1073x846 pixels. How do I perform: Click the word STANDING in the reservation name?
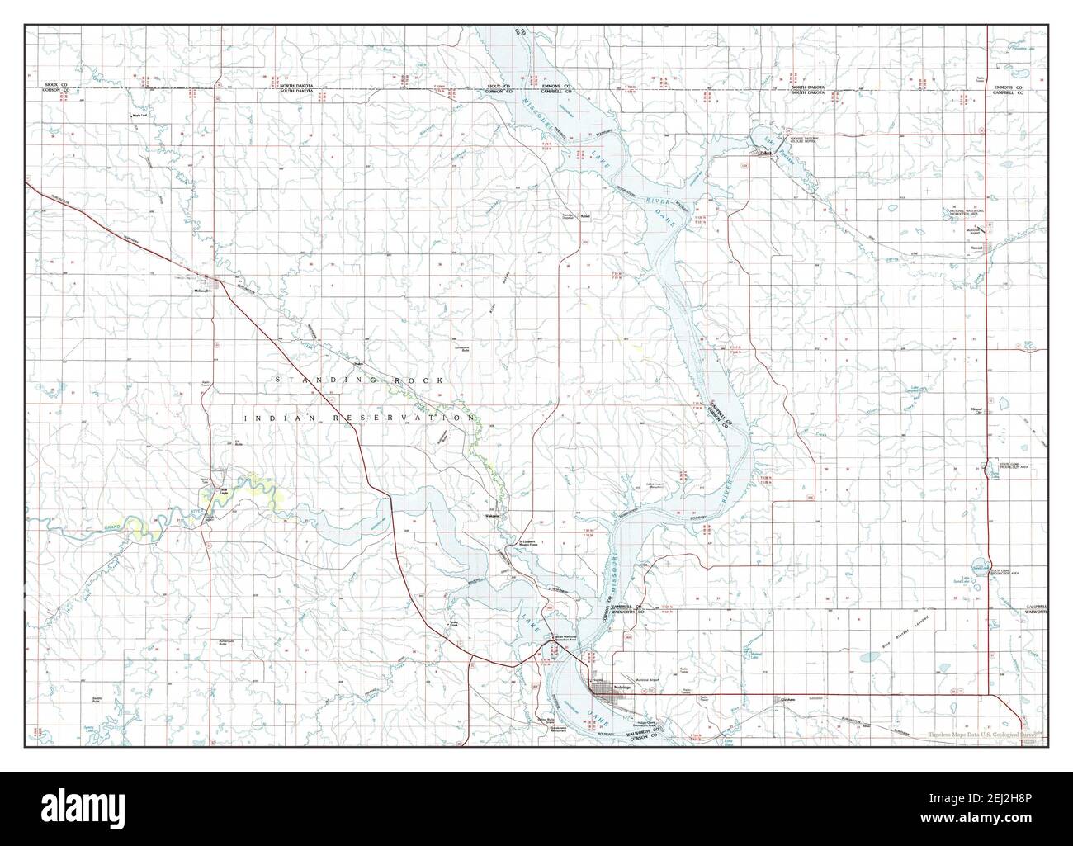pyautogui.click(x=316, y=380)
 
